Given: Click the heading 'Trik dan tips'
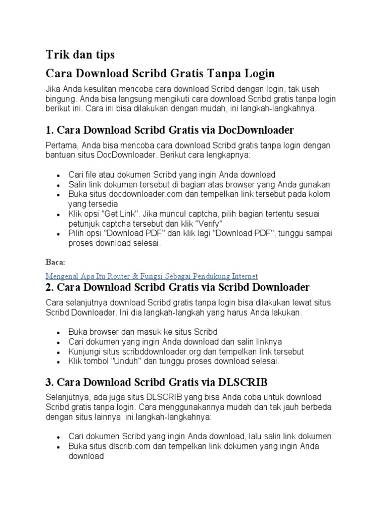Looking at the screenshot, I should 80,54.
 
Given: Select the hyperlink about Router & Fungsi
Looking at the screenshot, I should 152,276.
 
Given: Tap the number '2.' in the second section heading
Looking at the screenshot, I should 50,288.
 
